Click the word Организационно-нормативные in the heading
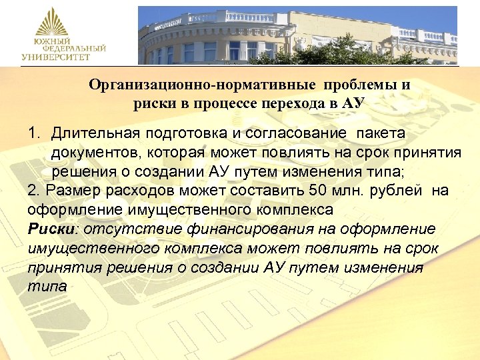click(204, 86)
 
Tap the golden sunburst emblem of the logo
click(53, 24)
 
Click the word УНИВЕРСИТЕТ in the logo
click(54, 58)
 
